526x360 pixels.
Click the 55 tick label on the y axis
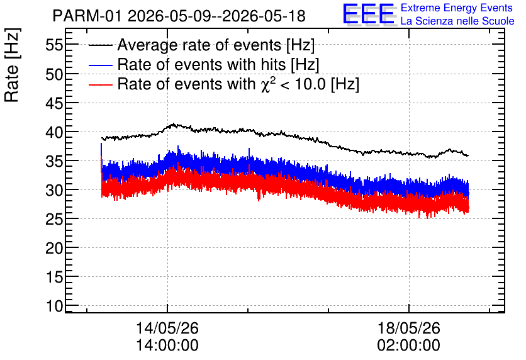[54, 45]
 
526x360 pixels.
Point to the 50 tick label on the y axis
[54, 74]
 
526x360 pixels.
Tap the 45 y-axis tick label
[54, 103]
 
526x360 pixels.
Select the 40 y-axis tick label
[54, 132]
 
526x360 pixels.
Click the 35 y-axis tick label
[54, 161]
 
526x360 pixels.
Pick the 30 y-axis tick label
[54, 190]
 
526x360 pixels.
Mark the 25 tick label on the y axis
[54, 219]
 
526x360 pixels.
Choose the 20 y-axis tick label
[54, 248]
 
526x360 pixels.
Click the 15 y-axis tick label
[54, 277]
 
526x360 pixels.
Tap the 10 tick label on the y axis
[54, 306]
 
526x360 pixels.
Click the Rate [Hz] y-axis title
[12, 65]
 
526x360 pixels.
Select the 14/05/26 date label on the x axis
[167, 328]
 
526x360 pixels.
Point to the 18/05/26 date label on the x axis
[408, 328]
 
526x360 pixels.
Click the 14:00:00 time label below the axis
[167, 346]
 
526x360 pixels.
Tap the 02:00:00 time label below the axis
[408, 346]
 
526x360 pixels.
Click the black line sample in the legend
[100, 45]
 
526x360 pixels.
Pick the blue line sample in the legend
[100, 65]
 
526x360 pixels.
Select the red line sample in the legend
[100, 84]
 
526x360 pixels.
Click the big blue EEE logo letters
[369, 14]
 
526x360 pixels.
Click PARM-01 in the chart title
[87, 16]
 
